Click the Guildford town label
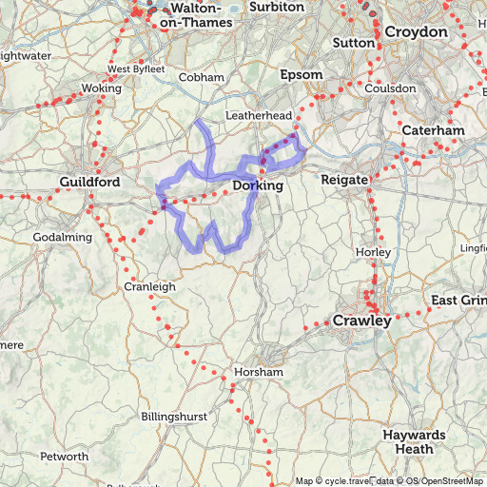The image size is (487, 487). point(88,181)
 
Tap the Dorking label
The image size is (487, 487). point(258,185)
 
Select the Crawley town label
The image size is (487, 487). point(361,321)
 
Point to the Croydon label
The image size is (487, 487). point(416,32)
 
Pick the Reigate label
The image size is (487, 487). point(343,179)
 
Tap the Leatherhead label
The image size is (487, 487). point(257,115)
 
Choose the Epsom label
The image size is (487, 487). point(296,74)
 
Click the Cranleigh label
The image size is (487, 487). point(149,286)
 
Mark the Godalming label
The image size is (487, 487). point(63,237)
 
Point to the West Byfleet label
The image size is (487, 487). point(136,68)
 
